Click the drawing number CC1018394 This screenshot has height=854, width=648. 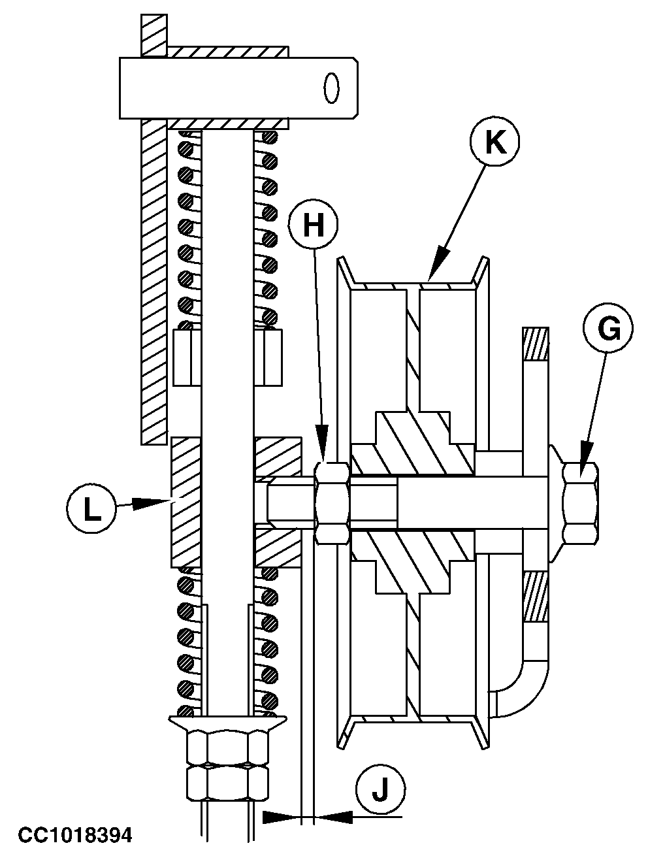click(x=75, y=834)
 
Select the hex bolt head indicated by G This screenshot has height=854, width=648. click(x=580, y=503)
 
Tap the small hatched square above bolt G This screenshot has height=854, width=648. click(x=536, y=344)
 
